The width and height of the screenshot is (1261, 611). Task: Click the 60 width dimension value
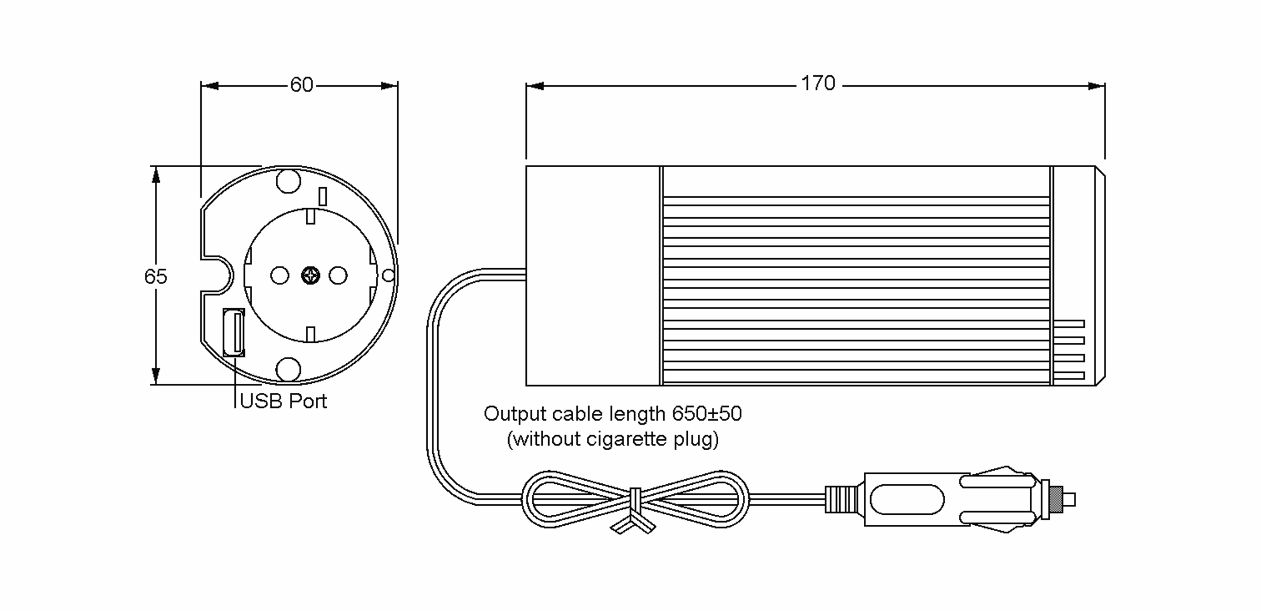click(302, 85)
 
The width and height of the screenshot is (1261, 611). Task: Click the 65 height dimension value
click(156, 277)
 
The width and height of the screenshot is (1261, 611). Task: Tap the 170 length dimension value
click(818, 84)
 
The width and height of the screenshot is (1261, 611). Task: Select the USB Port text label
click(283, 401)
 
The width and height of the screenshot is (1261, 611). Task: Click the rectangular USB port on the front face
click(234, 332)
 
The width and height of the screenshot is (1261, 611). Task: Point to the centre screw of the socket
click(311, 276)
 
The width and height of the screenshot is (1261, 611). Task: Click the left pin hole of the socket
click(280, 276)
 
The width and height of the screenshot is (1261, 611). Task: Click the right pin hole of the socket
click(338, 276)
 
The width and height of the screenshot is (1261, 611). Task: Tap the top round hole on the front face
click(288, 181)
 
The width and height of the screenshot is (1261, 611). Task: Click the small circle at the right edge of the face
click(388, 275)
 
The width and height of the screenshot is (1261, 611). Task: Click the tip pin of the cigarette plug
click(1069, 500)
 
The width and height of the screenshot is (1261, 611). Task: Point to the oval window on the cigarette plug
click(907, 500)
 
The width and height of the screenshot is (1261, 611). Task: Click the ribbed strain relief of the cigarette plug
click(841, 500)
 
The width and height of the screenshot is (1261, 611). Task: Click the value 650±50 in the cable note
click(707, 414)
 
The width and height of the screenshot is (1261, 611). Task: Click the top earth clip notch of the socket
click(311, 216)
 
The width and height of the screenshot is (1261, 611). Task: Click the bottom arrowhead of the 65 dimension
click(156, 375)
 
